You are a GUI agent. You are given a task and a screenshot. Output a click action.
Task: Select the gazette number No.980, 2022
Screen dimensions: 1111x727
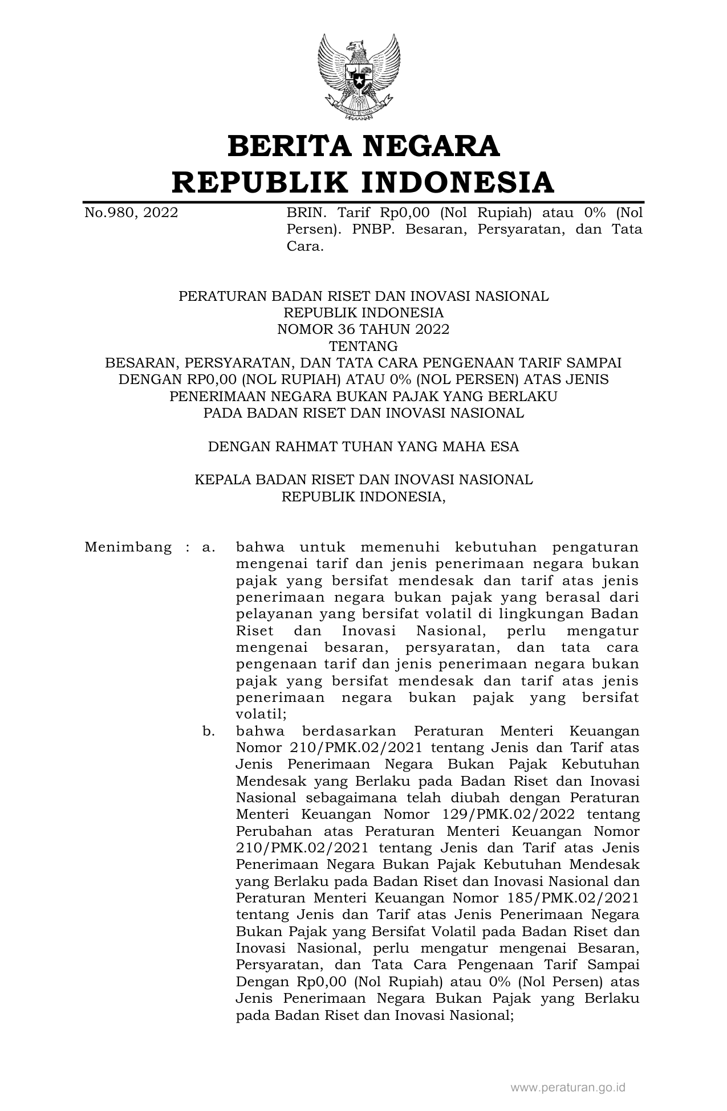click(x=131, y=214)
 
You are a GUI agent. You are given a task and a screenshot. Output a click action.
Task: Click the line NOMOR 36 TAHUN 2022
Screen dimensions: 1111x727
click(x=363, y=329)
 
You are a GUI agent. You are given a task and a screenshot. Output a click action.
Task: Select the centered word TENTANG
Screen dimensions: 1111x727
click(x=363, y=346)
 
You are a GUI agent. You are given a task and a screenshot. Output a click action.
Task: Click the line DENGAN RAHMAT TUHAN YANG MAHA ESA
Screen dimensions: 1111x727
click(x=363, y=446)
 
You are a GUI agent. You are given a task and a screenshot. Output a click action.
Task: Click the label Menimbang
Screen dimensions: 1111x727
click(x=128, y=548)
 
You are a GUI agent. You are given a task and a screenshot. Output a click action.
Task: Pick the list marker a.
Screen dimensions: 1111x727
click(x=208, y=548)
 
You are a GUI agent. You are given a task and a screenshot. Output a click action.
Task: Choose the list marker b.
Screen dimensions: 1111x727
click(x=208, y=731)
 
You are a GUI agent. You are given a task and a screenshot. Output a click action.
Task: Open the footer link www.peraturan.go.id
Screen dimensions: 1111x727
click(x=568, y=1088)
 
